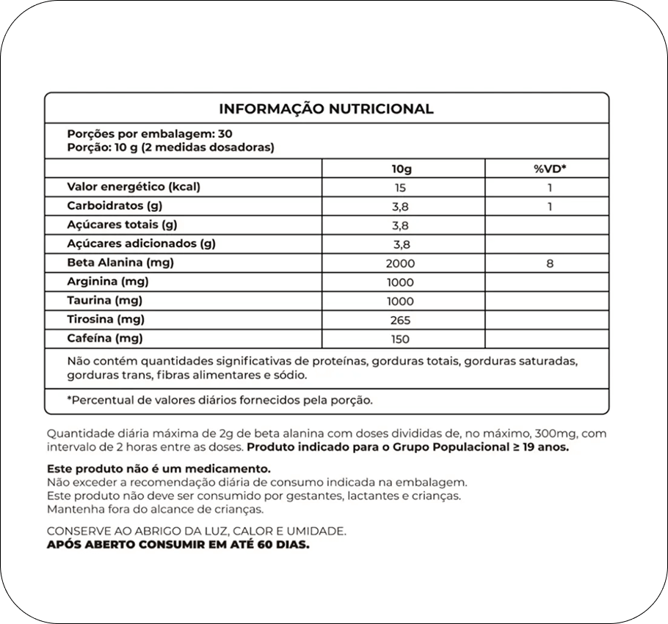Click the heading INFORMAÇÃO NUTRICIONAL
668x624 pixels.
pyautogui.click(x=326, y=109)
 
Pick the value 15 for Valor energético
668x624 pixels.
pyautogui.click(x=400, y=188)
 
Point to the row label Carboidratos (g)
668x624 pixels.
pyautogui.click(x=115, y=206)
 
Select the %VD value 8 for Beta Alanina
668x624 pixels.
pyautogui.click(x=549, y=263)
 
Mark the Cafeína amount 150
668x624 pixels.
pyautogui.click(x=401, y=339)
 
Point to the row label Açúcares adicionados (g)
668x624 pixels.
pyautogui.click(x=141, y=244)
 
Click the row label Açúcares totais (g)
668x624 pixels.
pyautogui.click(x=123, y=225)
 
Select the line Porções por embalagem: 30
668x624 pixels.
pyautogui.click(x=150, y=134)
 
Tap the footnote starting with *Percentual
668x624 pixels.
pyautogui.click(x=220, y=400)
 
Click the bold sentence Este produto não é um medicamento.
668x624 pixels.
pyautogui.click(x=159, y=469)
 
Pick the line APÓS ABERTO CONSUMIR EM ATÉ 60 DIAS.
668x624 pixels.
pyautogui.click(x=178, y=546)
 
